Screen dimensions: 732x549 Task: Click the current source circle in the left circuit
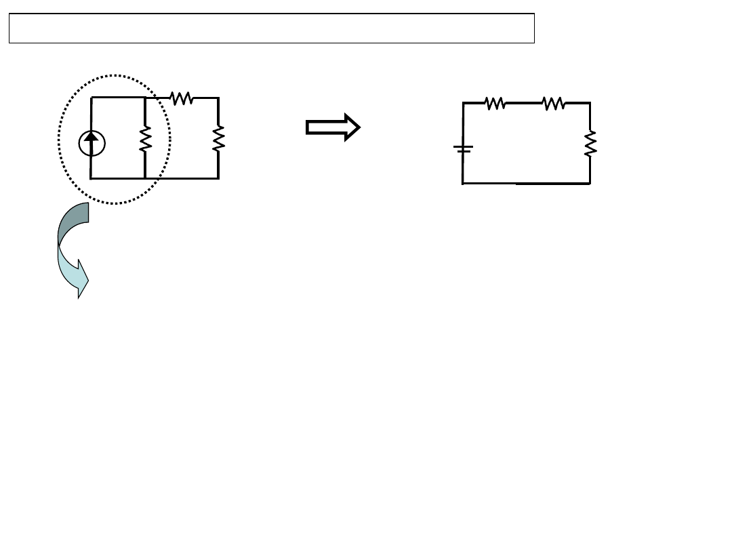click(91, 143)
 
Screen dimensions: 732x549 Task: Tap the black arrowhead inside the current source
click(91, 140)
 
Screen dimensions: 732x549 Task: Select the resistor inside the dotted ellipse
click(145, 138)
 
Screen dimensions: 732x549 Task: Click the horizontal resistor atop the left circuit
click(182, 99)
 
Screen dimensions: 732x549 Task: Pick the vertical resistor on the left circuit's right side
click(218, 138)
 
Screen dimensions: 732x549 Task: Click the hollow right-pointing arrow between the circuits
click(333, 127)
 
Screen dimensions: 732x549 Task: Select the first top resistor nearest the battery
click(495, 103)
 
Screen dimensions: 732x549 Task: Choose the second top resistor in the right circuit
click(553, 103)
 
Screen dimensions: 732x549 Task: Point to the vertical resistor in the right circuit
click(590, 144)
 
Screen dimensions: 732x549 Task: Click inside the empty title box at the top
click(271, 28)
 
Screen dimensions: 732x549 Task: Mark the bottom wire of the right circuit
click(526, 183)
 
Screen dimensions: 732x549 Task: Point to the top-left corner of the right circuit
click(463, 103)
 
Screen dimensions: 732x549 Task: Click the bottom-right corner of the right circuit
click(590, 183)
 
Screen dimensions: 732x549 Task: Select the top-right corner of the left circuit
click(218, 98)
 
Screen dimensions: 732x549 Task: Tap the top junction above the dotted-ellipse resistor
click(145, 98)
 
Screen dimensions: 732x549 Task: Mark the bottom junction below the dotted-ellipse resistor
click(145, 178)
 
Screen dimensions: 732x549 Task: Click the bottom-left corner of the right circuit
click(463, 183)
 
